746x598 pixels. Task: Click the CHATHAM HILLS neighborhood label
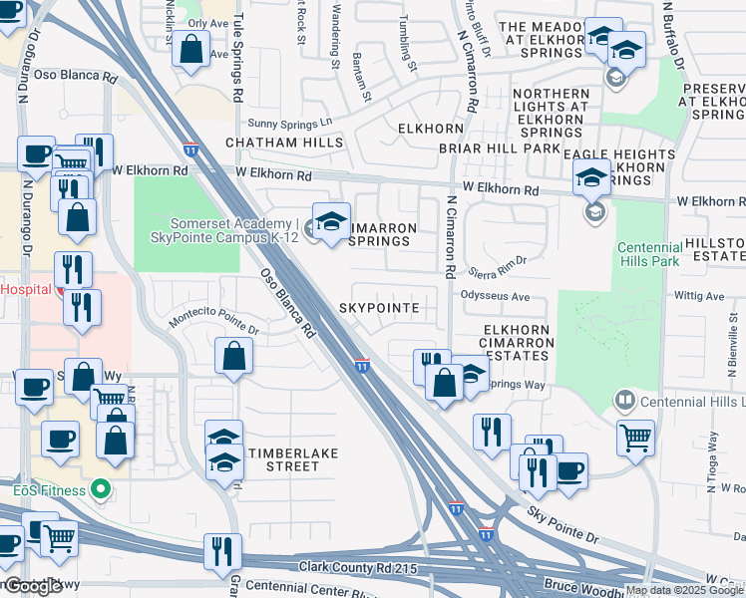click(284, 143)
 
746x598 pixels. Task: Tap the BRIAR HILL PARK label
click(499, 149)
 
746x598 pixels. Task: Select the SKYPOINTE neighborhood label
click(378, 308)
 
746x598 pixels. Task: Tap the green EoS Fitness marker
click(99, 489)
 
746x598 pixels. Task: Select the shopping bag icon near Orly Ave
click(189, 48)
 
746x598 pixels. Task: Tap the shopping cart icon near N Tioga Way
click(634, 436)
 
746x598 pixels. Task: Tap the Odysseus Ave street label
click(495, 296)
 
